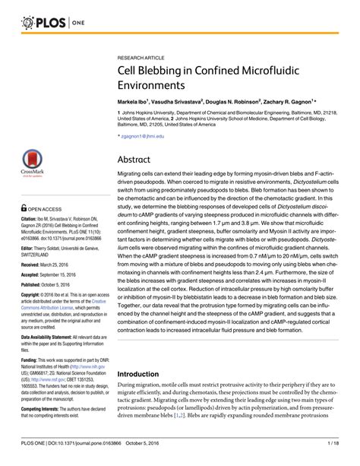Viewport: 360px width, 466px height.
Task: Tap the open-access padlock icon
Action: pyautogui.click(x=13, y=208)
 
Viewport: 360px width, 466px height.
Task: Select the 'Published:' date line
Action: pyautogui.click(x=37, y=296)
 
